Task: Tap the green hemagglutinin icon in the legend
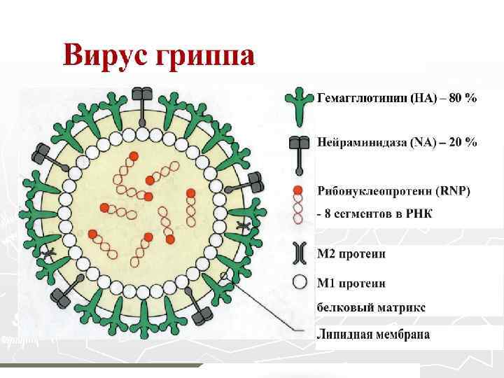pyautogui.click(x=300, y=104)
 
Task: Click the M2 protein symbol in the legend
pyautogui.click(x=300, y=253)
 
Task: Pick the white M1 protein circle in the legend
pyautogui.click(x=300, y=283)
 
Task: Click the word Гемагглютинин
pyautogui.click(x=363, y=98)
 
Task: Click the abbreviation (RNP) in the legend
pyautogui.click(x=454, y=190)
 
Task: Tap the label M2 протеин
pyautogui.click(x=351, y=253)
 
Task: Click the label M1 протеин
pyautogui.click(x=350, y=283)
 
